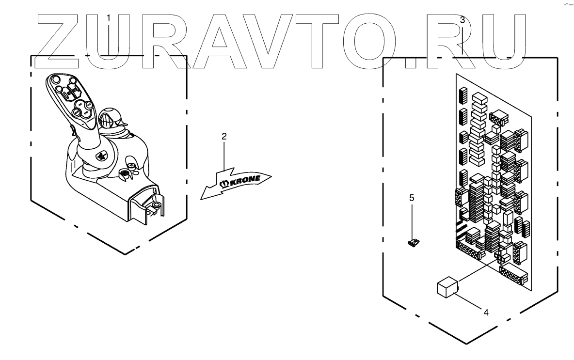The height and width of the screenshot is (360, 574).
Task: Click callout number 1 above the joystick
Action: pos(109,18)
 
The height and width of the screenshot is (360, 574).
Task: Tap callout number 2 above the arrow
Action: pos(224,137)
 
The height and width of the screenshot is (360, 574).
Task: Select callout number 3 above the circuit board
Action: pos(462,20)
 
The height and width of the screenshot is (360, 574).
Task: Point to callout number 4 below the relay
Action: pos(486,313)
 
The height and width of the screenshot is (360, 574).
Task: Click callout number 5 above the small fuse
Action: pos(412,198)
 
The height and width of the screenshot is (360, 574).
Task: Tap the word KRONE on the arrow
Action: pos(244,180)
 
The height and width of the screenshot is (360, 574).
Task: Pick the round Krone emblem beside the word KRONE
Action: pos(224,184)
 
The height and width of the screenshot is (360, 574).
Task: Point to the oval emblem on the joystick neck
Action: pos(100,157)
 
